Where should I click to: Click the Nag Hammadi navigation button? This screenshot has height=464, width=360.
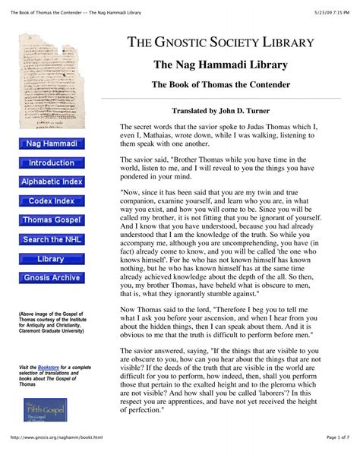click(51, 143)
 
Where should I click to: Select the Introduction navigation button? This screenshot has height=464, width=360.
click(51, 163)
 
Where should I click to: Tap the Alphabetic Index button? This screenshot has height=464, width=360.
click(51, 181)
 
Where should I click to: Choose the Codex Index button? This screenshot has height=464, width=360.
click(51, 200)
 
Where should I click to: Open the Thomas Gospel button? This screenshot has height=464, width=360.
click(51, 220)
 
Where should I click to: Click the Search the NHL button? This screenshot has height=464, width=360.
click(51, 239)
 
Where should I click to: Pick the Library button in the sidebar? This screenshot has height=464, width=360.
click(51, 259)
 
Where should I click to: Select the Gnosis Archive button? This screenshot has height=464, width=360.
click(51, 278)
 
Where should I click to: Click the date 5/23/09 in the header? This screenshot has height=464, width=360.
click(323, 7)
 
